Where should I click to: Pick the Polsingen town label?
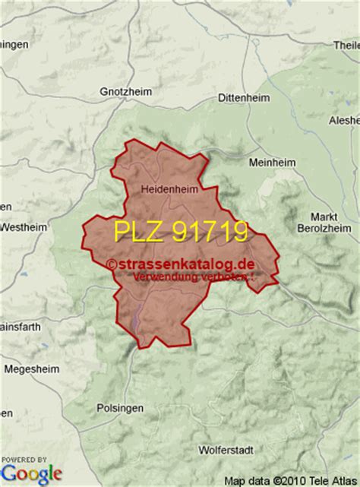pyautogui.click(x=121, y=408)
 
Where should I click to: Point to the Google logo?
pyautogui.click(x=31, y=473)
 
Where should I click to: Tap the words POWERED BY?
pyautogui.click(x=22, y=458)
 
